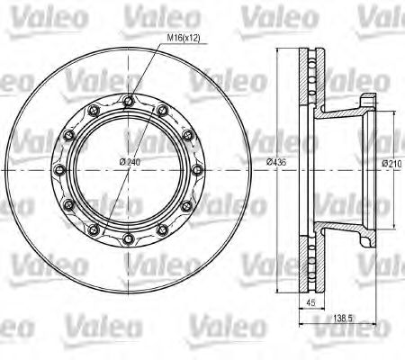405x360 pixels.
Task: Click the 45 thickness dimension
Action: (x=310, y=302)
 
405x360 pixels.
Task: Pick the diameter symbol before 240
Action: (x=121, y=161)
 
